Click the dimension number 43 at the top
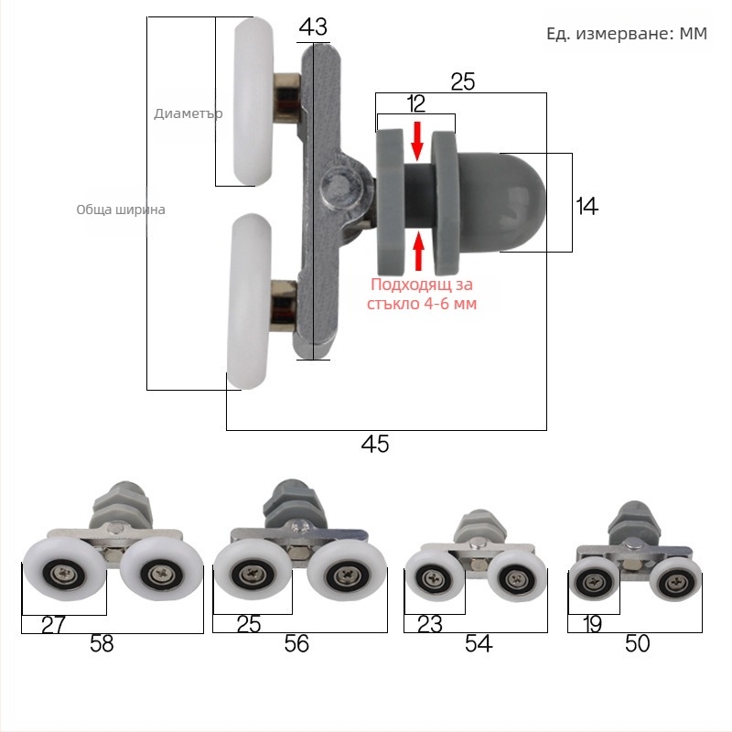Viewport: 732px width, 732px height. tap(313, 27)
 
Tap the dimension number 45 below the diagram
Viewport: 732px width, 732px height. tap(375, 444)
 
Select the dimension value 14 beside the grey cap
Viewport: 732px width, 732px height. tap(587, 207)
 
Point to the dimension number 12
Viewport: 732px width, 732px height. tap(416, 103)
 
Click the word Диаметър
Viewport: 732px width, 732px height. tap(188, 113)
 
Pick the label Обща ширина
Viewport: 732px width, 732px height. tap(121, 210)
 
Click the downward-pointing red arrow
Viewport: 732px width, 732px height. tap(417, 142)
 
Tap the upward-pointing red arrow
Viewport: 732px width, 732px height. tap(419, 251)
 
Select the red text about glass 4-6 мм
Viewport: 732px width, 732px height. tap(421, 294)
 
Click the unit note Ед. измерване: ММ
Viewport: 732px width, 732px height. tap(627, 34)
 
